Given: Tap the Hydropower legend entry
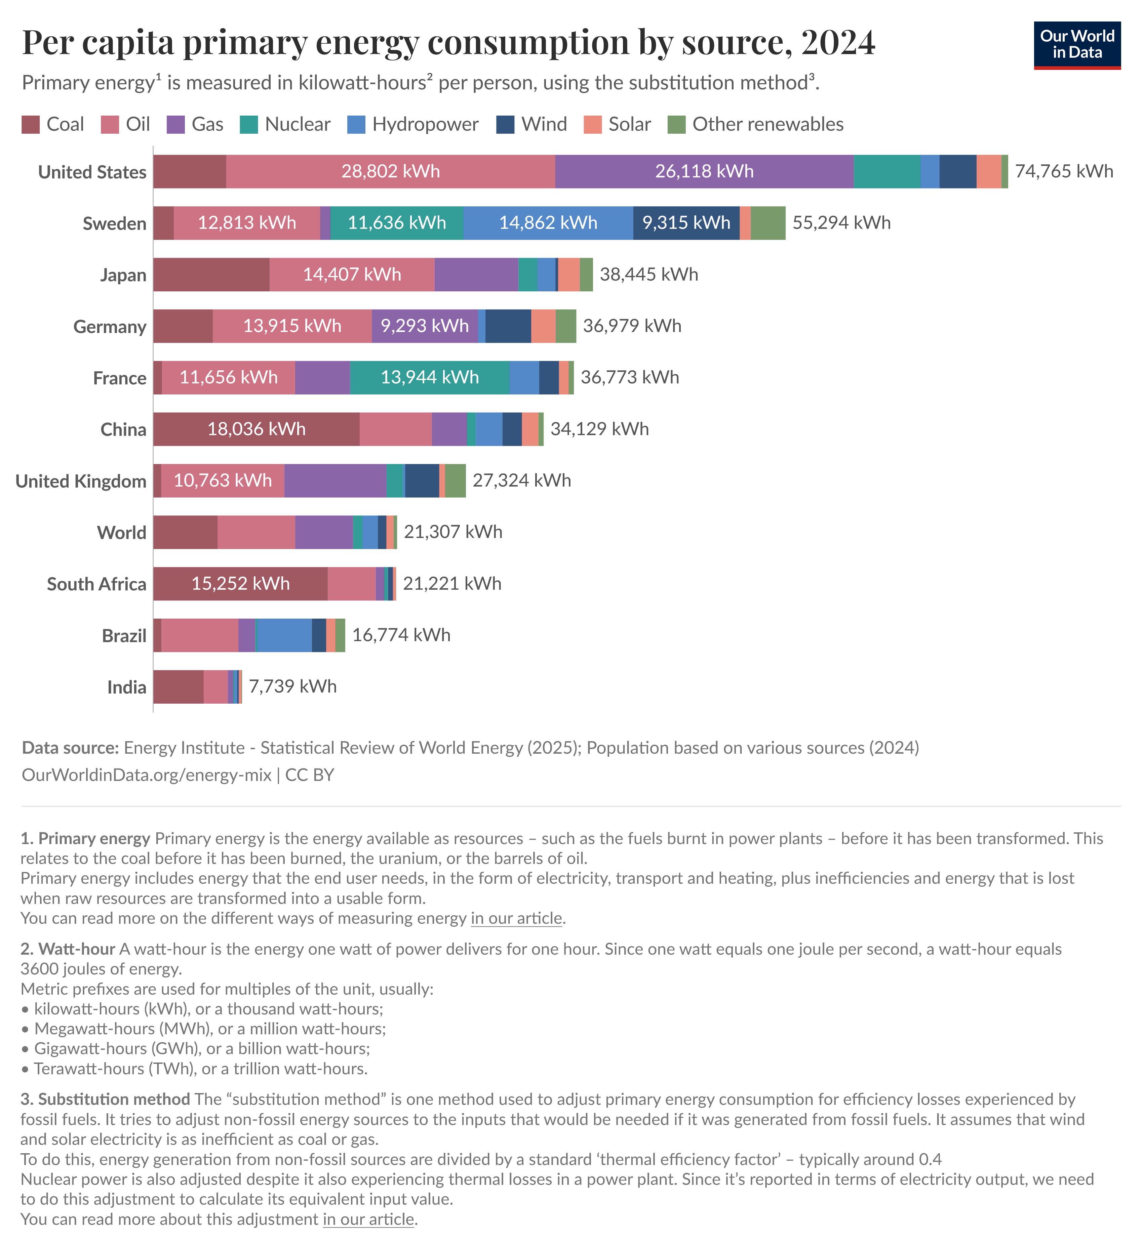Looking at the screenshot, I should point(425,125).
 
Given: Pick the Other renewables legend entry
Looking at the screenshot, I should point(767,125).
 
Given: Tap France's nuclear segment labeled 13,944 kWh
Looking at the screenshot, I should point(429,378).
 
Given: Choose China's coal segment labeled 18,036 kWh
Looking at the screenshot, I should point(256,429).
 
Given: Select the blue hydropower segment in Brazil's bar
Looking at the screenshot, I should point(284,635).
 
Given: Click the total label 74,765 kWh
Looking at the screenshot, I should point(1064,172).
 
